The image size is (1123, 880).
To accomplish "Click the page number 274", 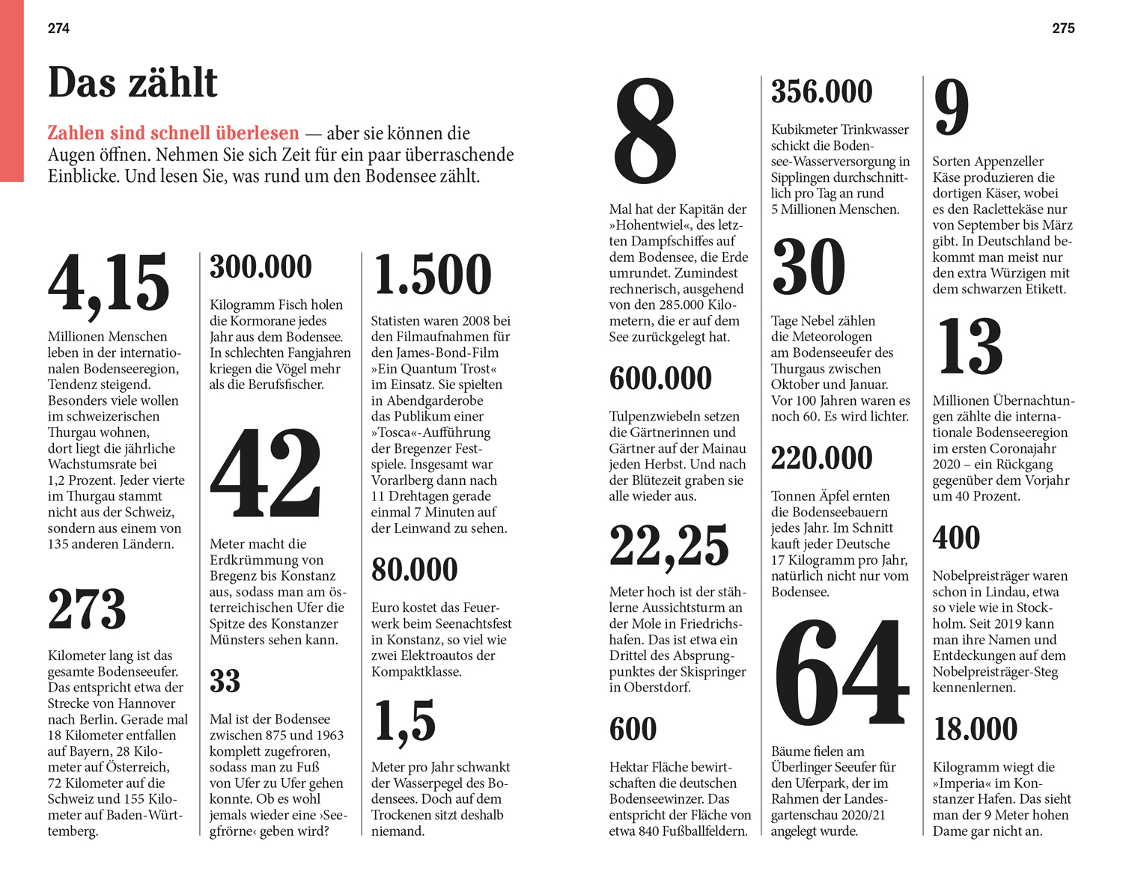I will point(58,28).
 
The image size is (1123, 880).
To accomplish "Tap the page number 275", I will point(1063,28).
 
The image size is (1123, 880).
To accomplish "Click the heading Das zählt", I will point(133,82).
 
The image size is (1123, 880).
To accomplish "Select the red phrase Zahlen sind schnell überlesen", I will point(173,133).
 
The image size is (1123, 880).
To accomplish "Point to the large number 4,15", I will point(109,283).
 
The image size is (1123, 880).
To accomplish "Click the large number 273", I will point(87,609).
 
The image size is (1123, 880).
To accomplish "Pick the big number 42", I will point(266,473).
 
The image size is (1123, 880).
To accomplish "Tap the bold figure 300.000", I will point(261,267).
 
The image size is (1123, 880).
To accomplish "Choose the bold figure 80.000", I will point(414,569).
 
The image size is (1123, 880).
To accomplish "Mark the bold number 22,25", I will point(669,546).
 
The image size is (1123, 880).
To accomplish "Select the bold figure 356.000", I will point(821,92).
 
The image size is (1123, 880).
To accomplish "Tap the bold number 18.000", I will point(976,730).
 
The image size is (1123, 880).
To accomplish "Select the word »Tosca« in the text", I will point(401,433).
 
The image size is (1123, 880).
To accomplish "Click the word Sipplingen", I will point(805,177).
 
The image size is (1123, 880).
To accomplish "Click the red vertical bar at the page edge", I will point(12,90).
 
